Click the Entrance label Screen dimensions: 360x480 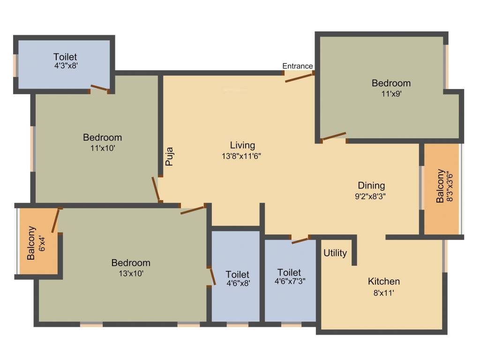298,66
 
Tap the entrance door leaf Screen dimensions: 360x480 299,77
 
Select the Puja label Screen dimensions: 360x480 170,157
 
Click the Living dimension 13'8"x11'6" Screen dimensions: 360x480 242,156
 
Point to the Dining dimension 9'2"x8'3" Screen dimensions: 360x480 371,196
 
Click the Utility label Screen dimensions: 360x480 336,253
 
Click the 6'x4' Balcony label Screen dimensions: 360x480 43,243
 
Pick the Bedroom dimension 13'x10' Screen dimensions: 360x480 131,274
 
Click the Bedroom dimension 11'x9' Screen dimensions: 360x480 391,93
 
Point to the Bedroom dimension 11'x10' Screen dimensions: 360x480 102,148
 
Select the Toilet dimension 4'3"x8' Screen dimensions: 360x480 65,66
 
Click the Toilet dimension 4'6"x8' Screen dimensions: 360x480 238,283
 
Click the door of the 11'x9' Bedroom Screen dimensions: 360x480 334,136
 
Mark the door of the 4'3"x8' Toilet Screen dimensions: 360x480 99,88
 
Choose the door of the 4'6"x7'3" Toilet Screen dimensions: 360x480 300,240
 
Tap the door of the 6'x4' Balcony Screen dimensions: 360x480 56,220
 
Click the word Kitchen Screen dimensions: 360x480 383,282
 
